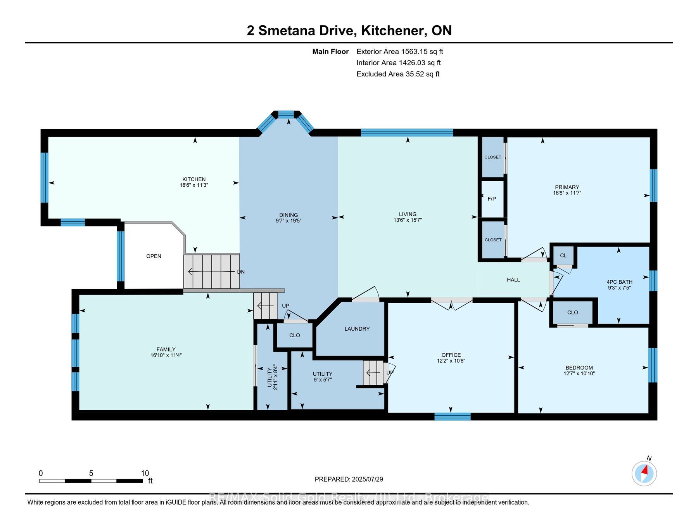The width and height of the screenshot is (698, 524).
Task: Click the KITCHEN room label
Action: tap(194, 179)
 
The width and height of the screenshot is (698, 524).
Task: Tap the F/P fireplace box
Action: tap(492, 199)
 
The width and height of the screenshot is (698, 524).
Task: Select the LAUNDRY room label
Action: tap(357, 329)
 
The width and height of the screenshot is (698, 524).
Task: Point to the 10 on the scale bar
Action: tap(145, 474)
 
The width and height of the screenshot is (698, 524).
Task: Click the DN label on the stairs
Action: tap(241, 272)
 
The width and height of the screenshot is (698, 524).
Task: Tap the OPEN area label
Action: tap(154, 256)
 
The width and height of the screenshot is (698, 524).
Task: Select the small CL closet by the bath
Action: tap(563, 255)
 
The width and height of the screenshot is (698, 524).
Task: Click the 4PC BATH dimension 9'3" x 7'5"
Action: tap(619, 288)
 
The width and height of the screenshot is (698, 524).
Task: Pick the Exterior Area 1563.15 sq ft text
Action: tap(399, 52)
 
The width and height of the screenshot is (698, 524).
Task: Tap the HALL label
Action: tap(513, 280)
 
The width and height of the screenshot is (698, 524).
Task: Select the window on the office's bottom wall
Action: tap(452, 416)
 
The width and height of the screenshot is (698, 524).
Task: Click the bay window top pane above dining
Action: tap(286, 114)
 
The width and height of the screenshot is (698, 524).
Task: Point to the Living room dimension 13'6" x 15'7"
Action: tap(408, 220)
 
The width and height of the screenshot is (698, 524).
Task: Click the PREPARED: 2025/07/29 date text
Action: tap(349, 479)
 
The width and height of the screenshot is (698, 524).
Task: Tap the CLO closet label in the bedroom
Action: tap(572, 312)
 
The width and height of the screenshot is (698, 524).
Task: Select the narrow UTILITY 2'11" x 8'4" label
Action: tap(272, 377)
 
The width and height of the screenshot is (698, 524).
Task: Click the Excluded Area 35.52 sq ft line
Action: tap(398, 74)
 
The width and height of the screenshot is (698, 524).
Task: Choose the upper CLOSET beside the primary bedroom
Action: tap(492, 157)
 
